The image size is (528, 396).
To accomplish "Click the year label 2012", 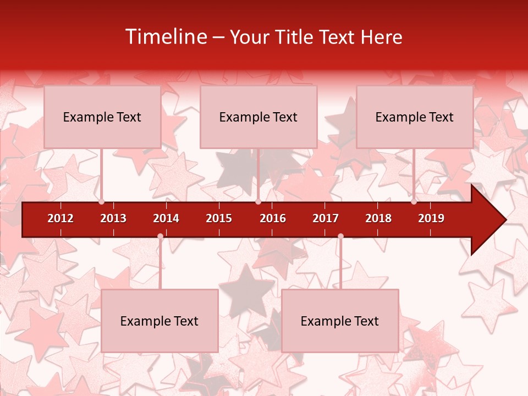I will (x=61, y=218).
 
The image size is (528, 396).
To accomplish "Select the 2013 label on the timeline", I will (x=113, y=218).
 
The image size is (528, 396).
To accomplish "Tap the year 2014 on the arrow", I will (x=166, y=218).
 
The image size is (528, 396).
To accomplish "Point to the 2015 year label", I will (x=219, y=218).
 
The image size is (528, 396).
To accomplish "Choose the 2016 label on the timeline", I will (x=273, y=218).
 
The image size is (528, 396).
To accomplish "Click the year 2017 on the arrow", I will (x=326, y=218).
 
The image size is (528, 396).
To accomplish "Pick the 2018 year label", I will (x=378, y=218).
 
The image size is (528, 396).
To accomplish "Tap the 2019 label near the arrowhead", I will (x=431, y=218).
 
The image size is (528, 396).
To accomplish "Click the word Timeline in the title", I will (x=166, y=37).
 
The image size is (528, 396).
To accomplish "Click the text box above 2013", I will (x=102, y=117).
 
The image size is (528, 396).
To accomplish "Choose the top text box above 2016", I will (x=258, y=117).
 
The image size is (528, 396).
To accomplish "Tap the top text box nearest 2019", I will (x=415, y=117).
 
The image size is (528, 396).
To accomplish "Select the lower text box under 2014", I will (x=159, y=321).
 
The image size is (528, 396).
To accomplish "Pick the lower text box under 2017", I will (x=340, y=321).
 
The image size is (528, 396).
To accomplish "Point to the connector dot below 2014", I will (x=160, y=237).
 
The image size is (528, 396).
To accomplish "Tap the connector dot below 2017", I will (x=340, y=237).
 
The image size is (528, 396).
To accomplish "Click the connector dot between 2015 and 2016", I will (x=258, y=202).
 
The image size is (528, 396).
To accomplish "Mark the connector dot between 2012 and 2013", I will (x=102, y=202).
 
